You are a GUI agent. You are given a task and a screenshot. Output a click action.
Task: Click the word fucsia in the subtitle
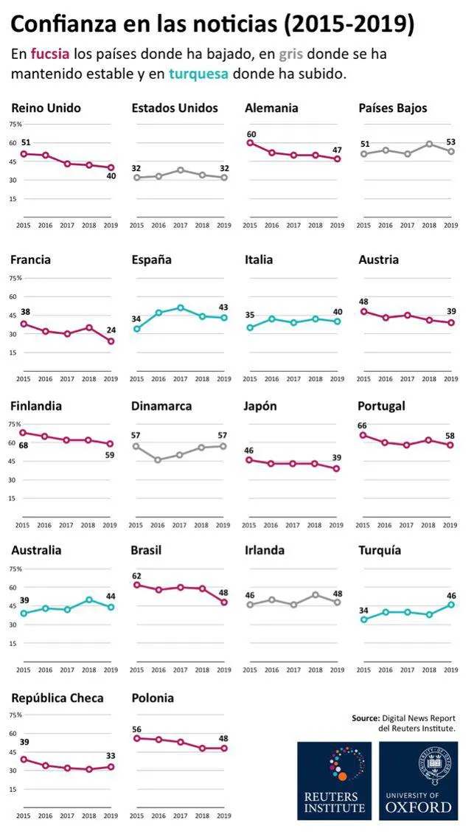click(x=51, y=55)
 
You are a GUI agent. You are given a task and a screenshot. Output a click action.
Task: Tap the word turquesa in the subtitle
click(x=198, y=74)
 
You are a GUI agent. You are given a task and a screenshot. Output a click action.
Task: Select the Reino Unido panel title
click(x=46, y=108)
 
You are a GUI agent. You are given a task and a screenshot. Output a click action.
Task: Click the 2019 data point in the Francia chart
click(x=111, y=341)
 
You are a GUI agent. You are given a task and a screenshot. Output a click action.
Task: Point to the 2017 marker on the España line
click(x=181, y=307)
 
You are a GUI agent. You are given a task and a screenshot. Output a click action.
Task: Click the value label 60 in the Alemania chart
click(x=251, y=134)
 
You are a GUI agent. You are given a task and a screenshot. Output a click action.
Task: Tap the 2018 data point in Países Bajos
click(x=430, y=144)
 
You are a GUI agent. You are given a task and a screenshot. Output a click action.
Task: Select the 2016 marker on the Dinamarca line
click(x=158, y=459)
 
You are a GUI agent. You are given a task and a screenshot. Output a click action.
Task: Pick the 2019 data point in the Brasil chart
click(x=224, y=602)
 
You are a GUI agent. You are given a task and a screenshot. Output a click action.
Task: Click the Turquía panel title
click(x=380, y=551)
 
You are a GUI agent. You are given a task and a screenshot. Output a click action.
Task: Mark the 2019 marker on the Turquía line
click(x=451, y=605)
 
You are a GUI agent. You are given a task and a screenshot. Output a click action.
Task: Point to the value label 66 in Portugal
click(x=363, y=426)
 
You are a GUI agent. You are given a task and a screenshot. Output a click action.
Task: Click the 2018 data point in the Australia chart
click(x=88, y=600)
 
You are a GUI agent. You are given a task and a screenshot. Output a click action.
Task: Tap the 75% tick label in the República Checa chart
click(x=15, y=715)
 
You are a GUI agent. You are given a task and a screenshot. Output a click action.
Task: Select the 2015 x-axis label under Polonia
click(x=136, y=816)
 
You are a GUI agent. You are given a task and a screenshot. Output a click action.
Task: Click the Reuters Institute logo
click(x=335, y=781)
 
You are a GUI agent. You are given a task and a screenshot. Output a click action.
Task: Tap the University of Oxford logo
click(x=419, y=781)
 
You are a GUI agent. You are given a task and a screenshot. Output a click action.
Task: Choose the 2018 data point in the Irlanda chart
click(x=316, y=594)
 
